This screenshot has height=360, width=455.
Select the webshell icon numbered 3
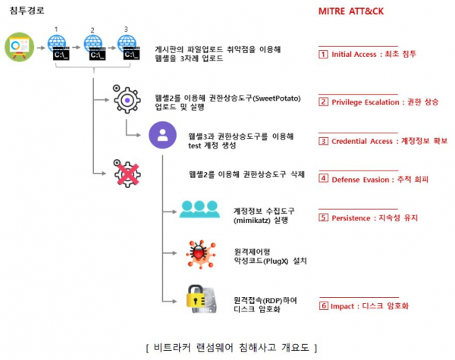tap(130, 49)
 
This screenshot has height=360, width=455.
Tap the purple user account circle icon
tap(162, 136)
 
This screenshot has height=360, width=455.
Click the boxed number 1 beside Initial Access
tap(324, 55)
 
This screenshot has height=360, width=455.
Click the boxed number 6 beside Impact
tap(324, 306)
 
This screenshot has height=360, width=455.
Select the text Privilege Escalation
tap(365, 102)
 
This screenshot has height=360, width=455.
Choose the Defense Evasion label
tap(359, 179)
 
